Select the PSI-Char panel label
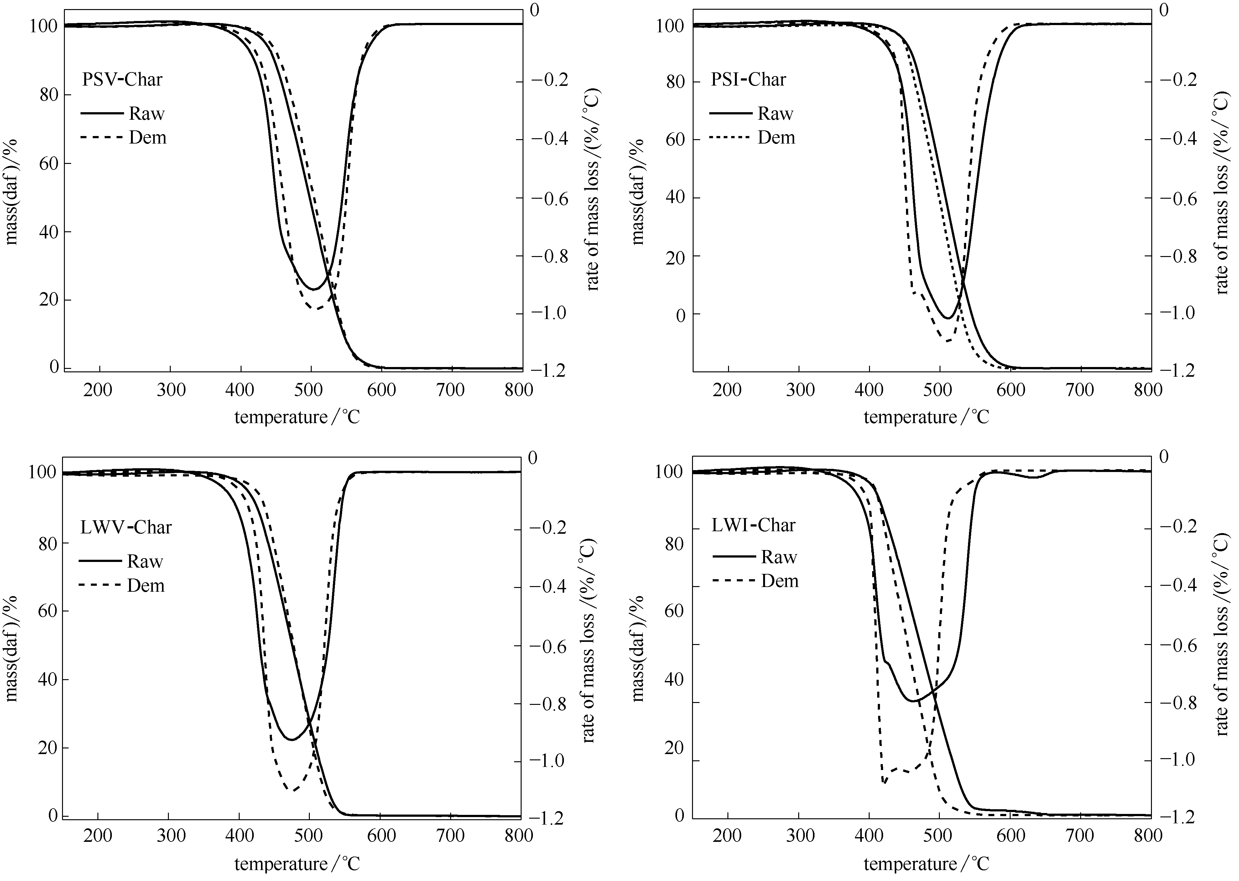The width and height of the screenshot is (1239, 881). coord(748,80)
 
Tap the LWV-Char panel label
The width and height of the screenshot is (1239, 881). coord(126,527)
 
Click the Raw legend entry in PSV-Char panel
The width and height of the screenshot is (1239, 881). coord(146,114)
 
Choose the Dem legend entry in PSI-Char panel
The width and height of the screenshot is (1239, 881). coord(776,138)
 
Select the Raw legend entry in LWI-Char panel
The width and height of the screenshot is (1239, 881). coord(779,557)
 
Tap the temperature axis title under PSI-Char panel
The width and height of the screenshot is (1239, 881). coord(926,417)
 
